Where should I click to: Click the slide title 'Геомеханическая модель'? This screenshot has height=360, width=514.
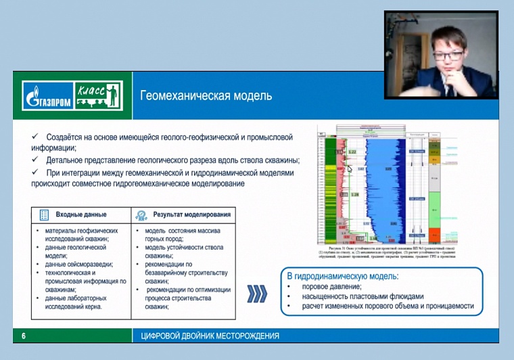206,96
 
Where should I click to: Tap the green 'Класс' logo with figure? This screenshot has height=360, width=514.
98,95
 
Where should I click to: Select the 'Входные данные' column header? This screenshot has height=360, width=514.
80,215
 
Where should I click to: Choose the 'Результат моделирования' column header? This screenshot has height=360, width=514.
191,215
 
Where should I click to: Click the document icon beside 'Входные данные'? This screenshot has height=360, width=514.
45,215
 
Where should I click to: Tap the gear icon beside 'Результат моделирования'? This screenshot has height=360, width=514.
141,215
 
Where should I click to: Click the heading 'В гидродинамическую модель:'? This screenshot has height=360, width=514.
343,276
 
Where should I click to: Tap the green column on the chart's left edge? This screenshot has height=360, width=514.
330,189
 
